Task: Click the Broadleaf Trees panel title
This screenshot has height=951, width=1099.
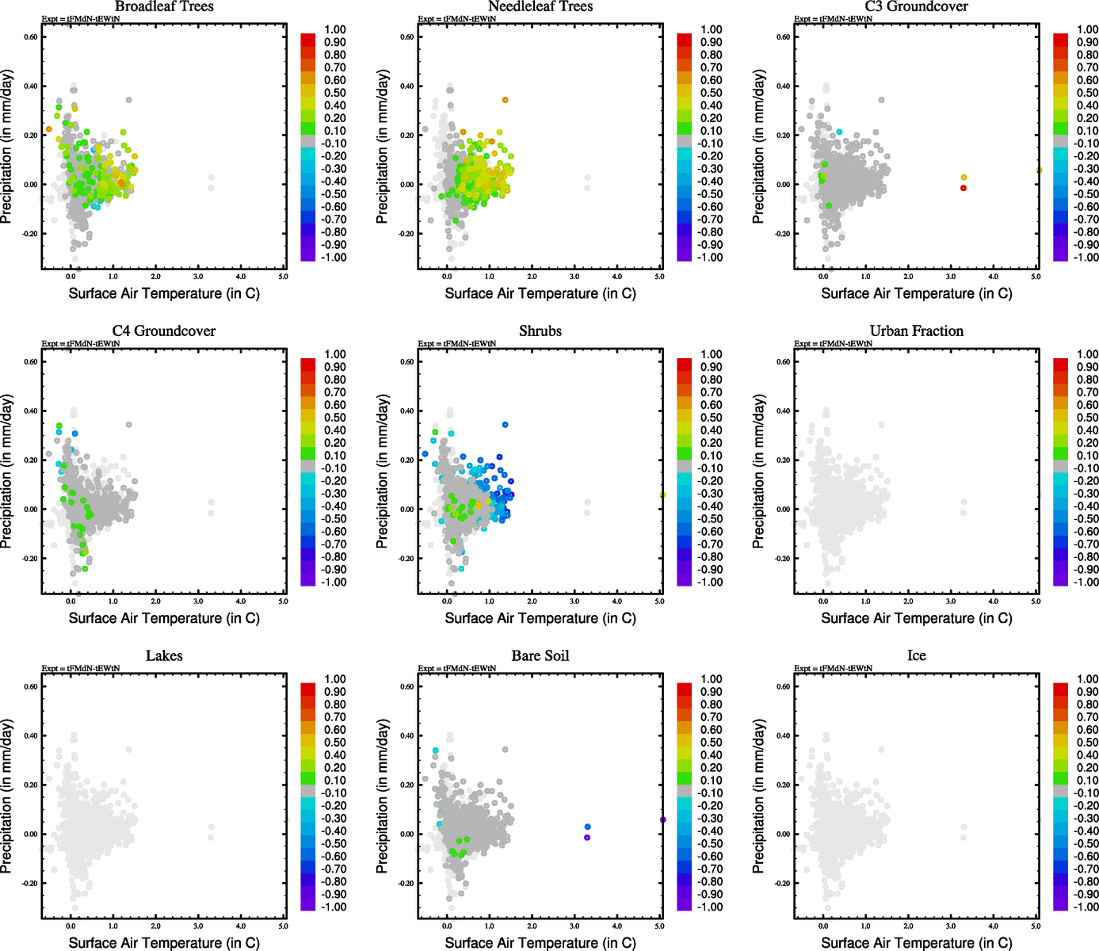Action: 164,7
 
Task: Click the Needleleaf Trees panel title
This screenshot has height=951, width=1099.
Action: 540,7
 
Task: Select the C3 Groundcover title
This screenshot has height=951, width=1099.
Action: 916,7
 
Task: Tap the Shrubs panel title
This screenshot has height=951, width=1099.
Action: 540,331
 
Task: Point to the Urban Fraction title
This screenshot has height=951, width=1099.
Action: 916,331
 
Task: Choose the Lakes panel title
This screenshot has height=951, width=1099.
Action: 164,656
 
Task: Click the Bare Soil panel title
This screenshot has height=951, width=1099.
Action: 540,656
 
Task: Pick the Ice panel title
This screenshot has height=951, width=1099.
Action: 916,656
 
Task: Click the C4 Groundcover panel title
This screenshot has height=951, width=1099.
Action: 164,331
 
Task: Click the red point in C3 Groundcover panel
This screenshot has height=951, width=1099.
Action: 964,188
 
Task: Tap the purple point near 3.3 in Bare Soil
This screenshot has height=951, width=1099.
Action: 587,838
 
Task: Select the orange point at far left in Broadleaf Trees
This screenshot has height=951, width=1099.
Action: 48,129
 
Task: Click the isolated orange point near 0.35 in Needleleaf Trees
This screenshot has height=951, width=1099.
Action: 505,100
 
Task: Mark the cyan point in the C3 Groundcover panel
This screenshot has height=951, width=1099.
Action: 840,132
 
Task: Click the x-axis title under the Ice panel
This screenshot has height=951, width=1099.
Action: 916,943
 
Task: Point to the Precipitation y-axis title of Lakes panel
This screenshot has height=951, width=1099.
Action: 7,796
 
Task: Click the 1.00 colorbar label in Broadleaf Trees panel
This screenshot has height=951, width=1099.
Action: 334,29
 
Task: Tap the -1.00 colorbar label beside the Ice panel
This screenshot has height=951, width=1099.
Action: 1086,907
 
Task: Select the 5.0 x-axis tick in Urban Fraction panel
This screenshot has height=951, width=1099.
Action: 1036,602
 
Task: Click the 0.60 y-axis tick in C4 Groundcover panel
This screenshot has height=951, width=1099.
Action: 29,361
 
